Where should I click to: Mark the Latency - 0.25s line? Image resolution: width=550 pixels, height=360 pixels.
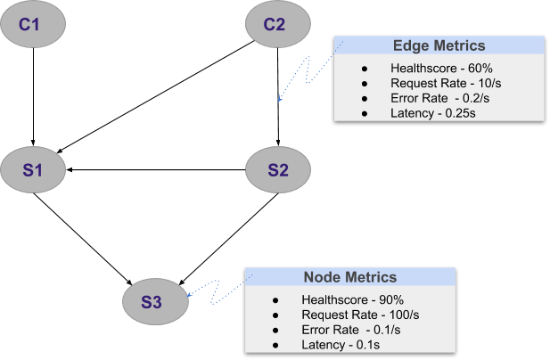coord(429,113)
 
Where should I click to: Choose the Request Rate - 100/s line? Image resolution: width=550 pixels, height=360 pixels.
coord(348,315)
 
